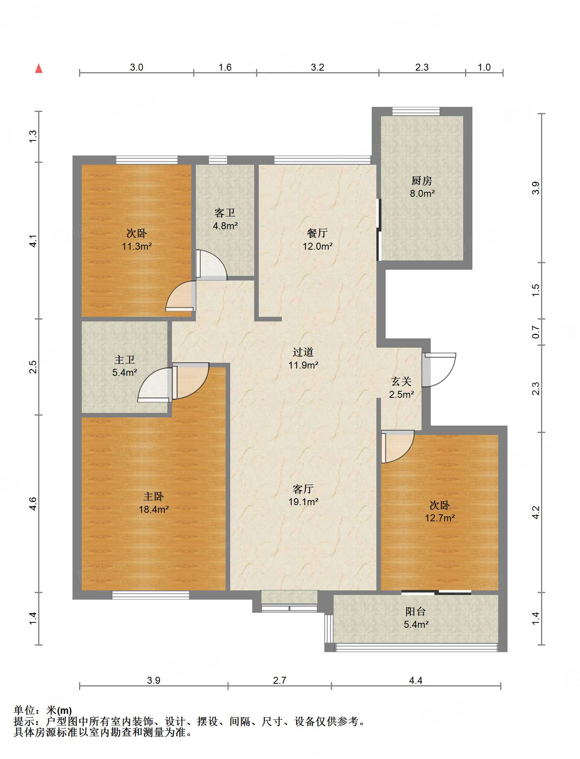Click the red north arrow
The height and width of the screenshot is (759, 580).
(39, 68)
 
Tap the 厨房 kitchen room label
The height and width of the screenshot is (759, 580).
(422, 181)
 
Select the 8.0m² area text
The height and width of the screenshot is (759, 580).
(422, 194)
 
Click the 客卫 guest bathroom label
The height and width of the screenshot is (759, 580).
(225, 213)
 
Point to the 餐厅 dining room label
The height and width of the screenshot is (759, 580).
(317, 233)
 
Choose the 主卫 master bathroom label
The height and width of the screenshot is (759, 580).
(125, 360)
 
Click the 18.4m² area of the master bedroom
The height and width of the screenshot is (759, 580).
(153, 509)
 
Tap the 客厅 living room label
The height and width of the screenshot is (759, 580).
(303, 489)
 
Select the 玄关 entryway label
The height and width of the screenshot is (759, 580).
(401, 381)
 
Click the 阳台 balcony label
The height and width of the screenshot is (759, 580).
(416, 611)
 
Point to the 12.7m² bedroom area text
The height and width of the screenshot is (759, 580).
(440, 518)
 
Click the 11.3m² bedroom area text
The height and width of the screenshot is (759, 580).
(137, 246)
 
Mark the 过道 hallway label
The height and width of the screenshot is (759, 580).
(303, 352)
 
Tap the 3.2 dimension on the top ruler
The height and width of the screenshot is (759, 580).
(317, 67)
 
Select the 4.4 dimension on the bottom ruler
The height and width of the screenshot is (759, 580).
(416, 680)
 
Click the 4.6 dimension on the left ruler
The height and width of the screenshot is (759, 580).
(33, 504)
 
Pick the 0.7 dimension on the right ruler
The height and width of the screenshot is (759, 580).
(536, 332)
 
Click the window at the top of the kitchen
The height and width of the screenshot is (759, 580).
(416, 112)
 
